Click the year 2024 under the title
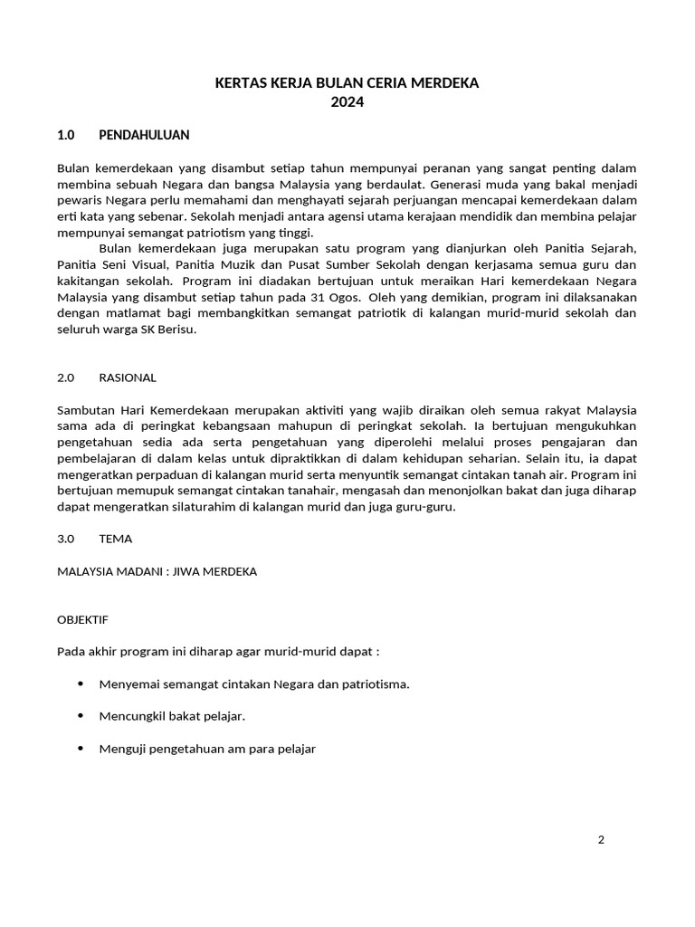(x=347, y=102)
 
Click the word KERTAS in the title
(x=237, y=83)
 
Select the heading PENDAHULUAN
(x=144, y=135)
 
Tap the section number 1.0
(x=65, y=135)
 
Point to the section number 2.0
(x=65, y=377)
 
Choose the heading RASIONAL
(x=128, y=377)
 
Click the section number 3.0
(x=65, y=539)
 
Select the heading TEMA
(x=116, y=539)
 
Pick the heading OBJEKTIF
(x=82, y=619)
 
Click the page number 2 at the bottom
(x=601, y=839)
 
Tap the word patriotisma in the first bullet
(x=378, y=684)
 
